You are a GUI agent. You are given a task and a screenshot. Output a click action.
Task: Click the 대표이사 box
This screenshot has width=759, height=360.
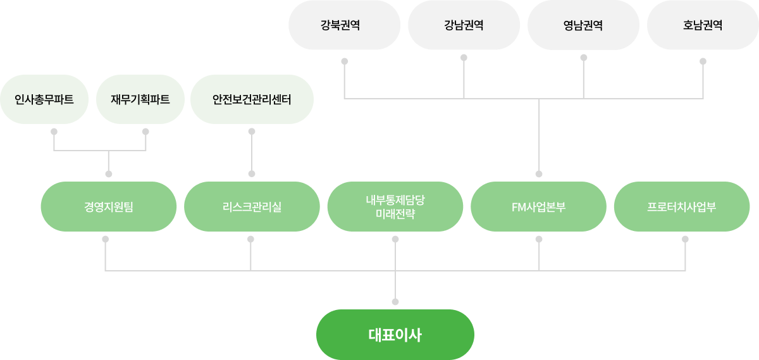click(395, 335)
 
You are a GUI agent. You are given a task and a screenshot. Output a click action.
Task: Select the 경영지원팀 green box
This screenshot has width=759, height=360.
click(108, 207)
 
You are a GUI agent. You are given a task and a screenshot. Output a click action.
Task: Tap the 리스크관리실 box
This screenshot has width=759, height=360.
click(252, 207)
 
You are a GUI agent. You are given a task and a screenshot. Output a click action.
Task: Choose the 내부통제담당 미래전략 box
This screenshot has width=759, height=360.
click(395, 207)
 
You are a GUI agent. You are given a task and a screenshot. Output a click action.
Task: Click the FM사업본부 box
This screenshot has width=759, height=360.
click(539, 207)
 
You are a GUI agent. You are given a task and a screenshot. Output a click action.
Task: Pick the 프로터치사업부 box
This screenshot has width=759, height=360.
click(682, 207)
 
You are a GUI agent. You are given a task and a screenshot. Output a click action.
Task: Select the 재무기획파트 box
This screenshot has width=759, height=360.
click(140, 99)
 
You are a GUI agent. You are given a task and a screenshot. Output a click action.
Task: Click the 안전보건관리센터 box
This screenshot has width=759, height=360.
click(252, 99)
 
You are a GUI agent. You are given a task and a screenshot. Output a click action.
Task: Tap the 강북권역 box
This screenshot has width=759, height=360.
click(345, 26)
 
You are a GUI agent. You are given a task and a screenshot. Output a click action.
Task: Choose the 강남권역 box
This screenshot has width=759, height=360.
click(464, 26)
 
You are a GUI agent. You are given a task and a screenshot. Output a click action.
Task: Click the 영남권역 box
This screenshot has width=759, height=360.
click(583, 26)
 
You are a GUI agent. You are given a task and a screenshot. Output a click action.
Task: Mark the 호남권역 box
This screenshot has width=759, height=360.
click(703, 26)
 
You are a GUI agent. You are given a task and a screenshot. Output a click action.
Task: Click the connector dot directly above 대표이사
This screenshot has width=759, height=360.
click(395, 301)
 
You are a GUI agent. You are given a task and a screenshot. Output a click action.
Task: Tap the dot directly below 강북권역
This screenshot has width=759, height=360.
click(345, 61)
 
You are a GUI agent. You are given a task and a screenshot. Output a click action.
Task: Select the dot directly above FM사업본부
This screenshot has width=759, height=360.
click(539, 173)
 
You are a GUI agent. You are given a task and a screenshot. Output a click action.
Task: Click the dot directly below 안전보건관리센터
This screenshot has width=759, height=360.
click(252, 132)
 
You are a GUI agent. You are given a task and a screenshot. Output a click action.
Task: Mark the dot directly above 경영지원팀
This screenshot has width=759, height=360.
click(108, 173)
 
